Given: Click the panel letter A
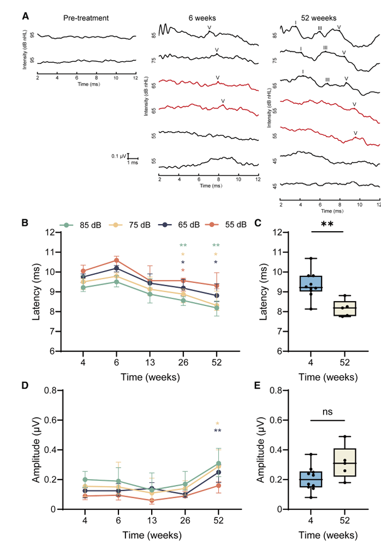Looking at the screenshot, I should [x=25, y=16].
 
